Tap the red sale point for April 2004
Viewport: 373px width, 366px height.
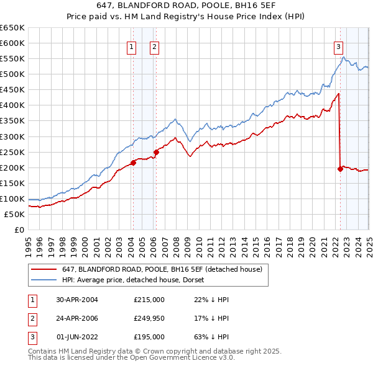(x=133, y=163)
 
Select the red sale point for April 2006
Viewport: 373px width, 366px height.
(x=156, y=152)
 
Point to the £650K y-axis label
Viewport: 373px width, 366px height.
(x=12, y=28)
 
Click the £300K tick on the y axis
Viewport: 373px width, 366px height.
(x=12, y=136)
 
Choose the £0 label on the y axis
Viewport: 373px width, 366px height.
(x=19, y=230)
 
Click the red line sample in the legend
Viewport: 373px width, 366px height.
(x=44, y=269)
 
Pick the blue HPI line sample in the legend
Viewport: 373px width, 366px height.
(x=44, y=280)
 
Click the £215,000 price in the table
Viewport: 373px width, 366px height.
(x=149, y=300)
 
